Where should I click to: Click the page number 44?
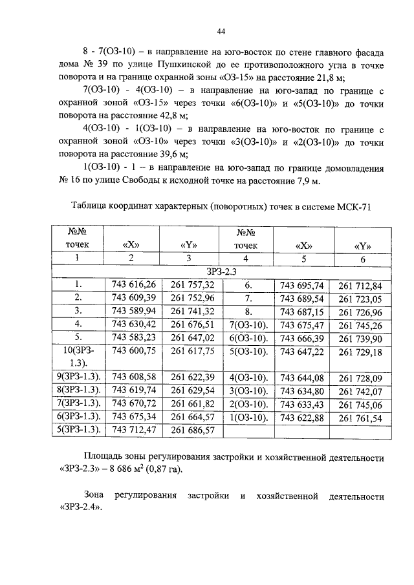click(x=221, y=30)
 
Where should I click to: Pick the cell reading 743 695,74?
click(x=302, y=284)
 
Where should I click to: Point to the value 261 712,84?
click(x=360, y=285)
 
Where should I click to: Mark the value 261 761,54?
click(x=360, y=417)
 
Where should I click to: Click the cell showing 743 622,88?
click(x=302, y=417)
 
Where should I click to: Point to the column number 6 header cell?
click(x=362, y=259)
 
